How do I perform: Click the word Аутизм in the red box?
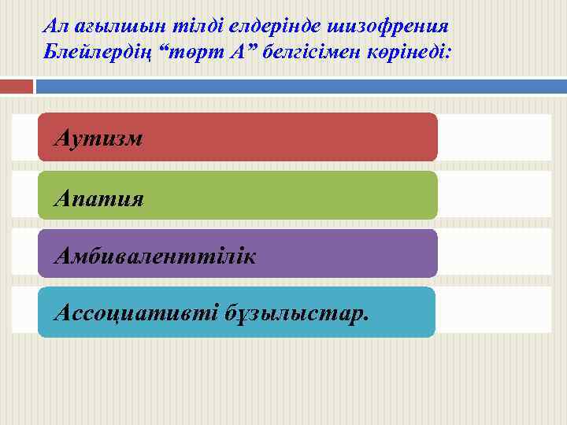click(x=98, y=139)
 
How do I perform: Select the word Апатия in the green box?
click(x=98, y=197)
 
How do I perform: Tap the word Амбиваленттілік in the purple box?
click(x=154, y=256)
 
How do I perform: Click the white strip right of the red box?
click(x=494, y=137)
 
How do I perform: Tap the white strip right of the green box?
click(x=494, y=194)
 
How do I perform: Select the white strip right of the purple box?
click(x=494, y=253)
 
